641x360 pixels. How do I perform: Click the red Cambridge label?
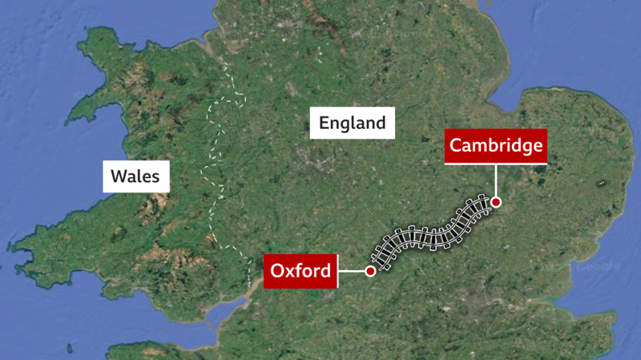point(496,146)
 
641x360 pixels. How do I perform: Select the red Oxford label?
point(300,271)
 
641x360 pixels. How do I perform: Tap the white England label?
point(353,123)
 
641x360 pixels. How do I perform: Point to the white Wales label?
point(135,175)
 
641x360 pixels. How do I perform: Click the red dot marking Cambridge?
point(496,202)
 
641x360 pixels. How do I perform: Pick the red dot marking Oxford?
point(370,272)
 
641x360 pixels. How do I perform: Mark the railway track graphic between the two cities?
point(433,233)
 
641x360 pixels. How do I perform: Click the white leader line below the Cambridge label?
point(496,181)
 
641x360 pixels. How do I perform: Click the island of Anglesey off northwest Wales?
point(104,44)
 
